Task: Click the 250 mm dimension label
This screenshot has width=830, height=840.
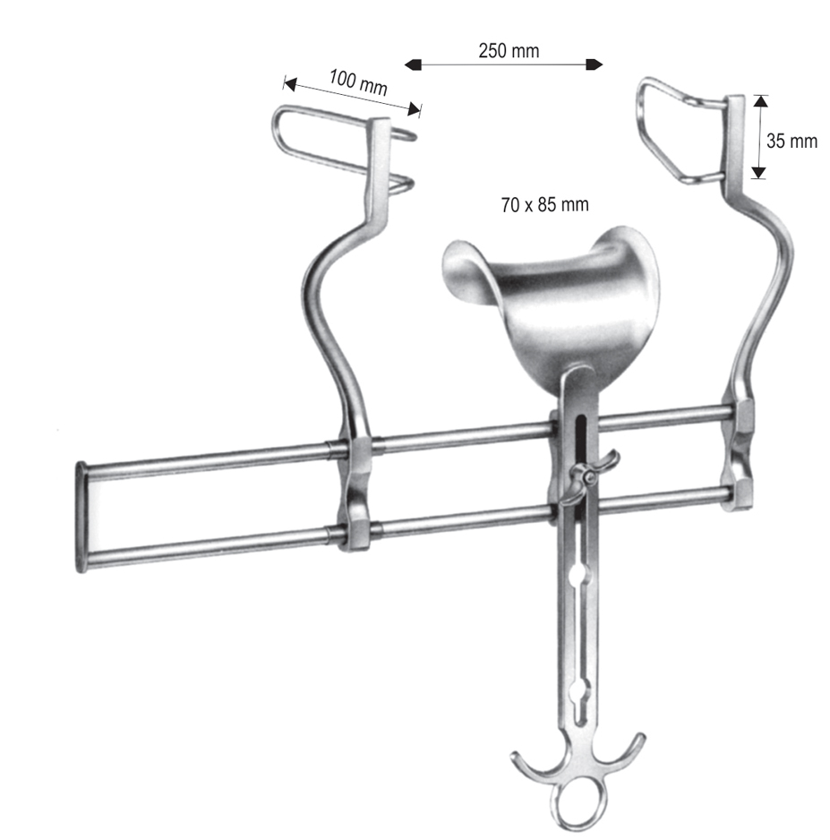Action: (509, 51)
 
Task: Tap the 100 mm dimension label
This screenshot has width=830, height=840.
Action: (358, 82)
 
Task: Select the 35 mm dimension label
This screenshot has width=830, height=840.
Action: (791, 141)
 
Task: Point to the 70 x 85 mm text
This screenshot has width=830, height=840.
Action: (544, 205)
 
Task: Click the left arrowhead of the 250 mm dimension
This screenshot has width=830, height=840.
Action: (413, 64)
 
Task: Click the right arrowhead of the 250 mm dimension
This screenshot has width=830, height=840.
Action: (595, 64)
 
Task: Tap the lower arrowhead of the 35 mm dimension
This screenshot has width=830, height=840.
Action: (758, 172)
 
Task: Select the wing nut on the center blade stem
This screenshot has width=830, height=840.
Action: (588, 476)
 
